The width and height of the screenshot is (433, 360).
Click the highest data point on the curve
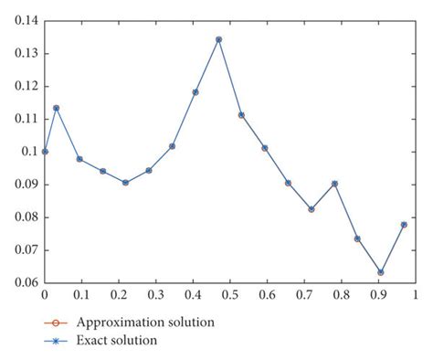218,39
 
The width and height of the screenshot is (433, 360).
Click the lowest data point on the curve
381,272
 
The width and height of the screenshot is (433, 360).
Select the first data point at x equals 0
45,151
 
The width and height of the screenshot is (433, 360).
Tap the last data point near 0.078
404,224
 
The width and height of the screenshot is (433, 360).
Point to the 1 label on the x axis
415,296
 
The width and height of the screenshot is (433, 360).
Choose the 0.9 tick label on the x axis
377,296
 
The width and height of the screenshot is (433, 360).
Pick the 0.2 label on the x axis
119,296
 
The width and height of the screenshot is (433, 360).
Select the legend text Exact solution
117,340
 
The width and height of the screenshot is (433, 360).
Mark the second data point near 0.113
57,108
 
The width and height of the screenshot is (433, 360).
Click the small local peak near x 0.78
334,184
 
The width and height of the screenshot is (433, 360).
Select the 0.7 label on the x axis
303,296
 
